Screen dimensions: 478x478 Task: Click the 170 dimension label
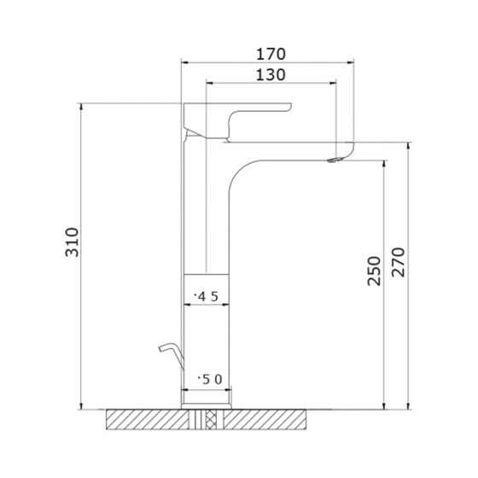point(271,55)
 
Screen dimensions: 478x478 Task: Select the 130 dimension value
point(271,75)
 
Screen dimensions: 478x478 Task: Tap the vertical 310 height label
point(73,242)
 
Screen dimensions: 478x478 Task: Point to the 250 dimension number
point(374,271)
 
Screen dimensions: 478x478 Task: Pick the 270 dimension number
point(398,262)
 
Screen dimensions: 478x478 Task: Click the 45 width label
point(207,296)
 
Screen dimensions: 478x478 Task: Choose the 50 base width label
point(210,380)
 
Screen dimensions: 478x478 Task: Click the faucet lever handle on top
point(237,120)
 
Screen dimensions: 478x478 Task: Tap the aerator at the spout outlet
point(335,160)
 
